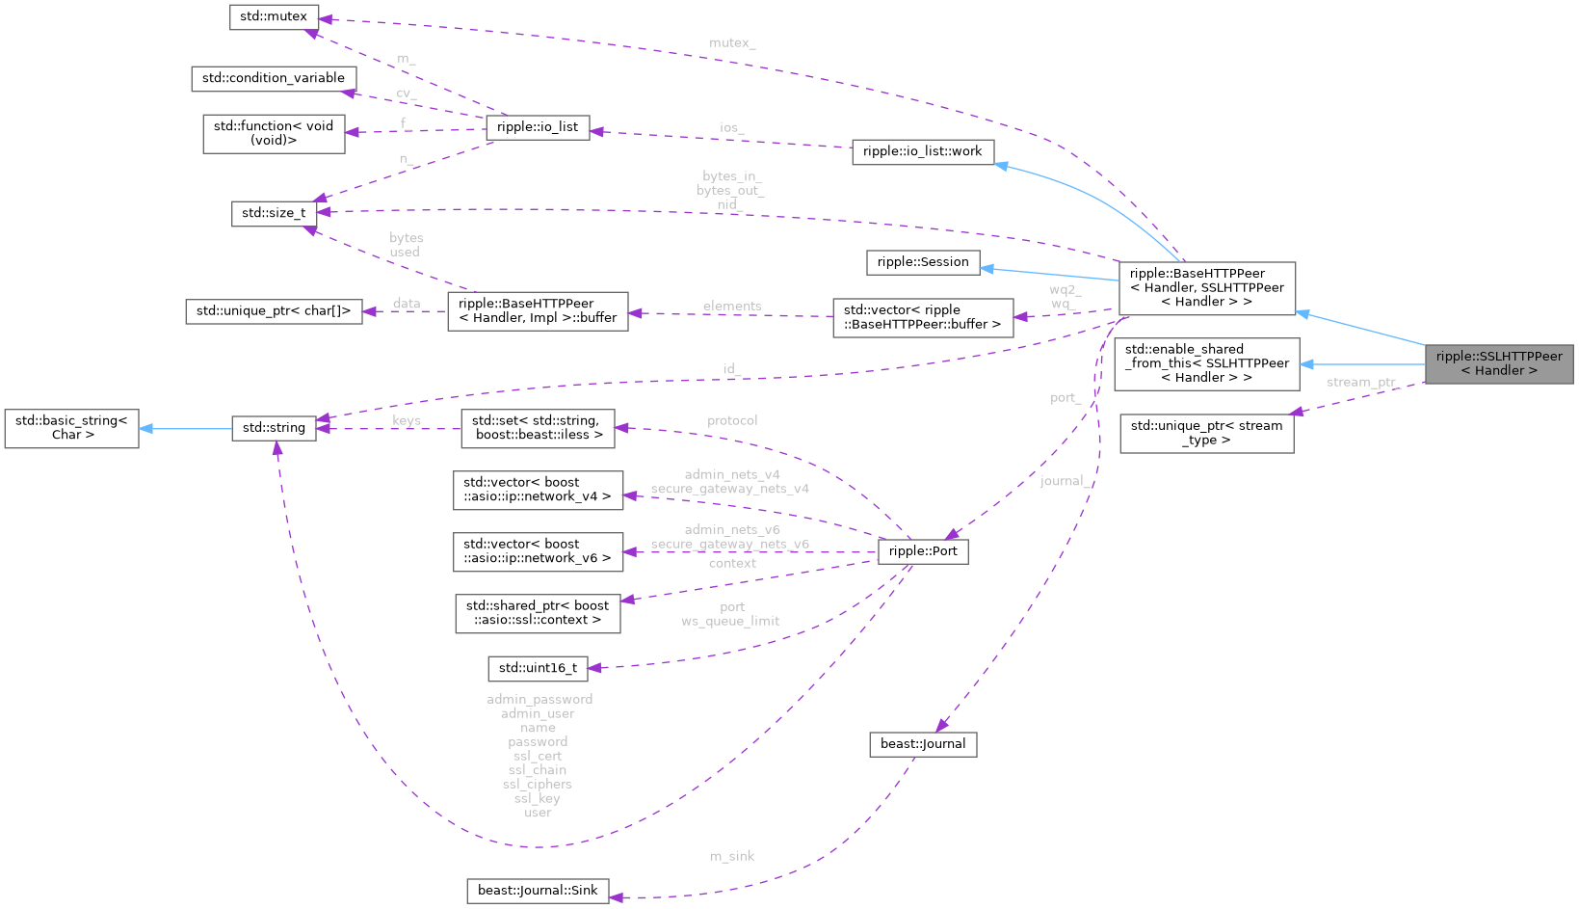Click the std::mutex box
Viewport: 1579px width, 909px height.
click(274, 17)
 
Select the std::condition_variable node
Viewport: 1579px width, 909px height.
click(274, 78)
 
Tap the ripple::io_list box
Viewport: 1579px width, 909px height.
click(538, 127)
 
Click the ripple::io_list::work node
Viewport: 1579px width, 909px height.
click(922, 151)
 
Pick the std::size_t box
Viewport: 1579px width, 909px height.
click(274, 213)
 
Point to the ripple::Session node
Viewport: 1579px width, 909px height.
click(923, 262)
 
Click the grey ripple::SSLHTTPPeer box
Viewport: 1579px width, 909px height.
click(1498, 363)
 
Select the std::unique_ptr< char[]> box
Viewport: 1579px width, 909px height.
click(274, 311)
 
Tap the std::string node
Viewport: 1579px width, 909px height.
click(274, 428)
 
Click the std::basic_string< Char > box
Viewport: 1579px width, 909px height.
click(71, 428)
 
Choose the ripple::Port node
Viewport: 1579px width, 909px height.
click(923, 551)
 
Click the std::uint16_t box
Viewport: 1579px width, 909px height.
click(538, 668)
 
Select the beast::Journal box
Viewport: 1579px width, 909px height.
click(923, 744)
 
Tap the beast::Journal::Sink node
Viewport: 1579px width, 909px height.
click(538, 891)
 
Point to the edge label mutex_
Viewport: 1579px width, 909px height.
click(732, 43)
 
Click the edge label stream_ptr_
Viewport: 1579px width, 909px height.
click(1360, 383)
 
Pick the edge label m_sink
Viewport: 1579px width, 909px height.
click(732, 856)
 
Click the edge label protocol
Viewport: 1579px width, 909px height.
click(732, 421)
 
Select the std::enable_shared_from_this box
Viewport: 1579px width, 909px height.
click(1206, 363)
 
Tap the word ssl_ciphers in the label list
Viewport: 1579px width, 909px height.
click(538, 785)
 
